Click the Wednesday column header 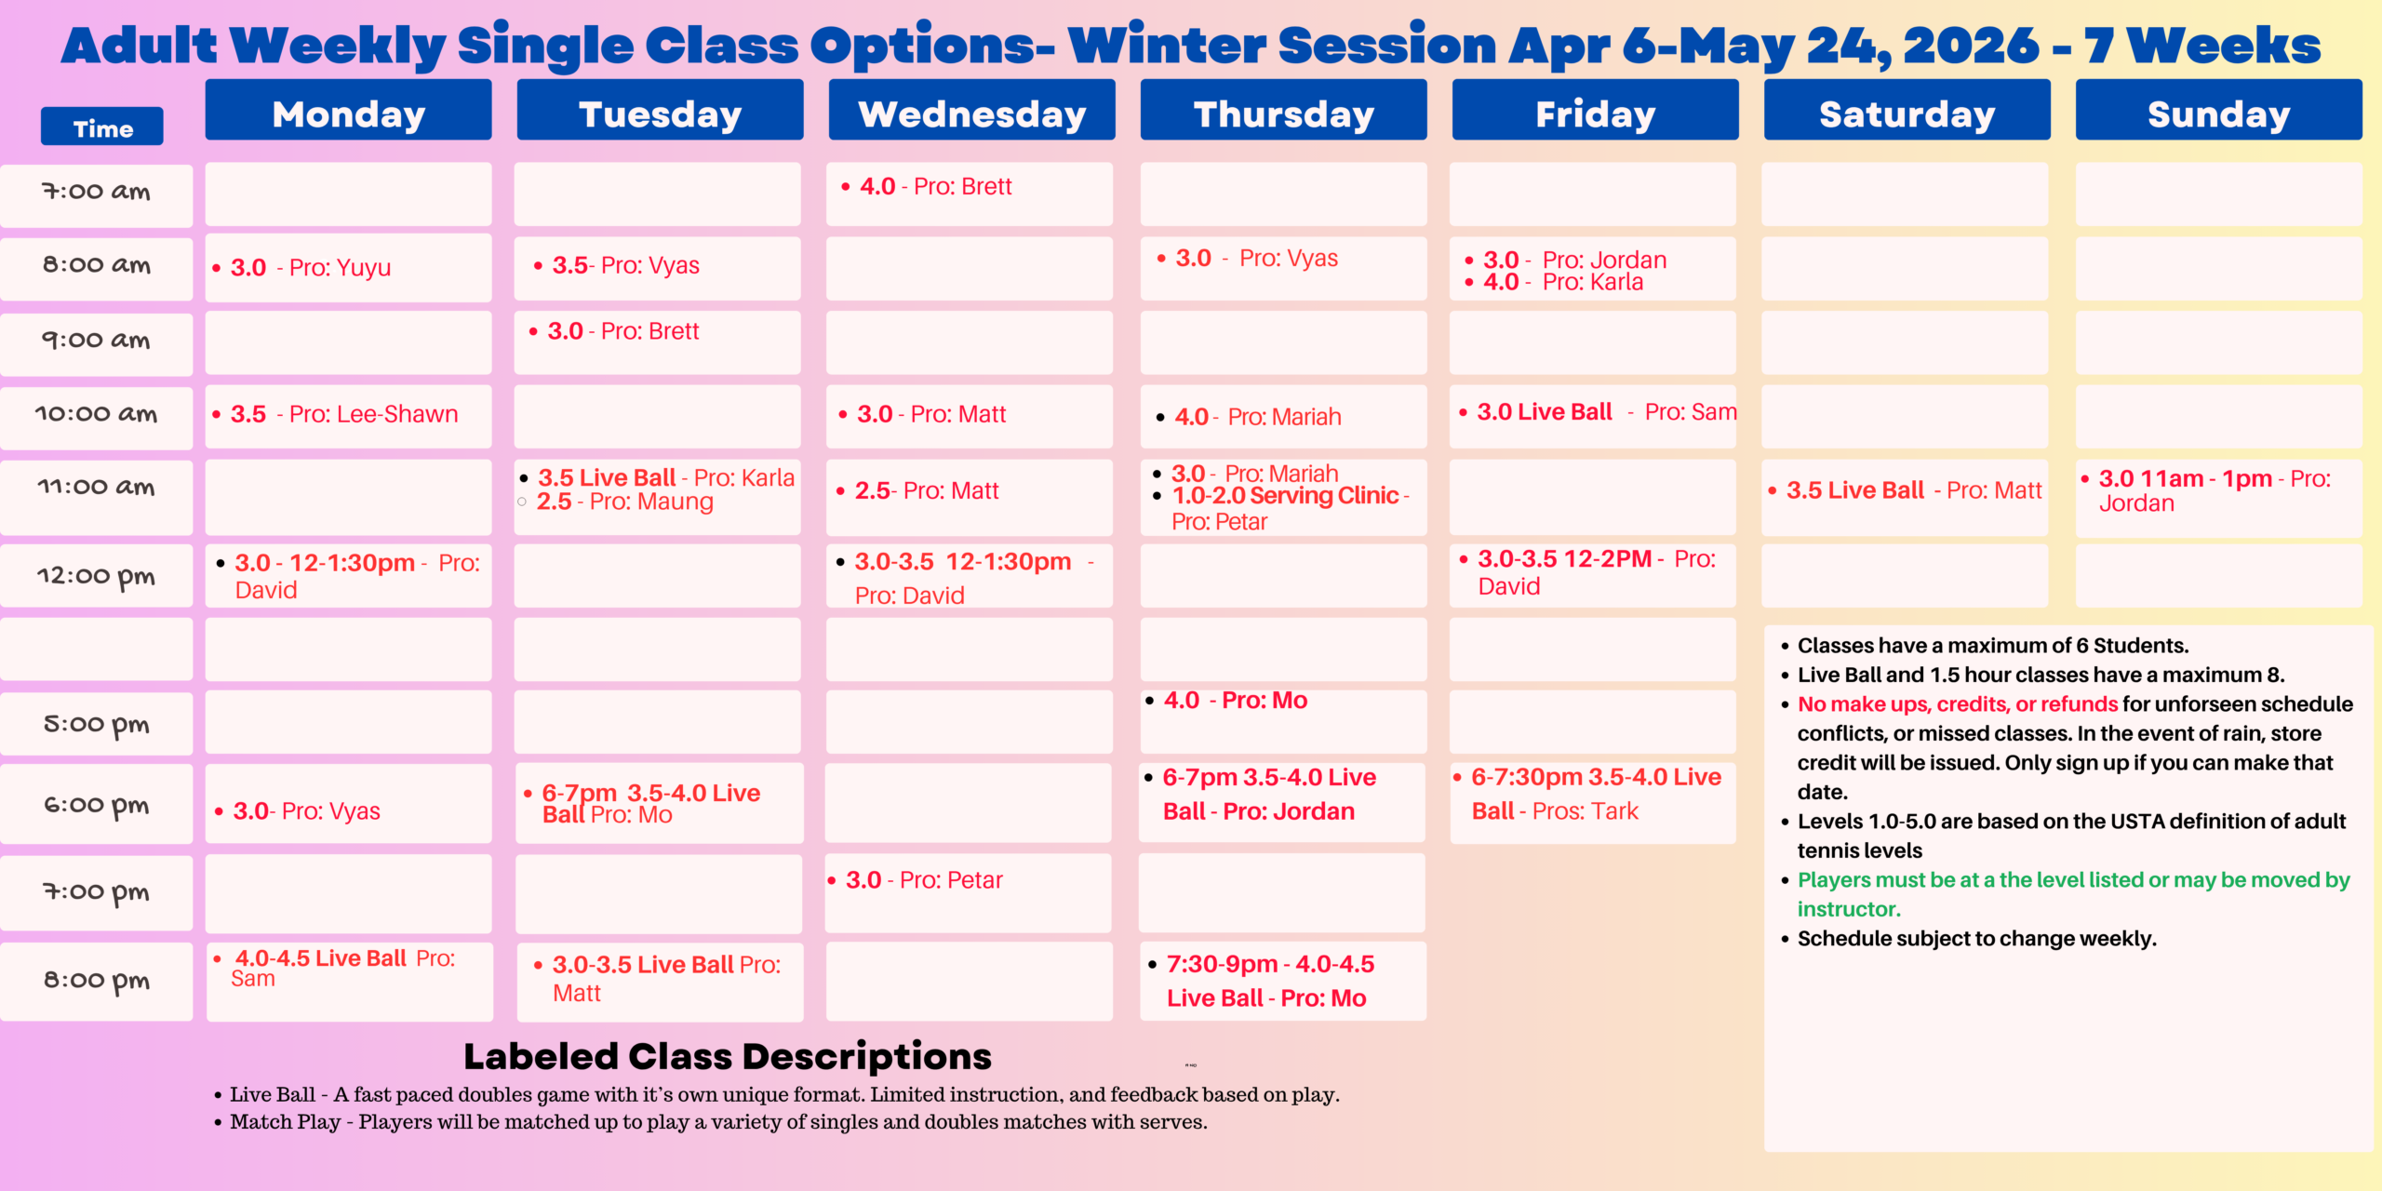point(971,114)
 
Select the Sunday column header point(2218,114)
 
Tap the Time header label point(102,128)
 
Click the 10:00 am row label point(96,414)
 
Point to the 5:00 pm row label point(96,724)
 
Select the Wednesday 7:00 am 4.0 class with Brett point(935,187)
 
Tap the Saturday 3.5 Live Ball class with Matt point(1913,490)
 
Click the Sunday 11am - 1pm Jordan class point(2215,490)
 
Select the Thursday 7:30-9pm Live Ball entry point(1269,981)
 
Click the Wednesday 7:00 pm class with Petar point(924,880)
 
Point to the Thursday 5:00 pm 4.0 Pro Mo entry point(1236,701)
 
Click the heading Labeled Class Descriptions point(728,1056)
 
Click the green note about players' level point(2073,893)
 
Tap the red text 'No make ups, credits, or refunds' point(1958,704)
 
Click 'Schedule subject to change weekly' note point(1976,938)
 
